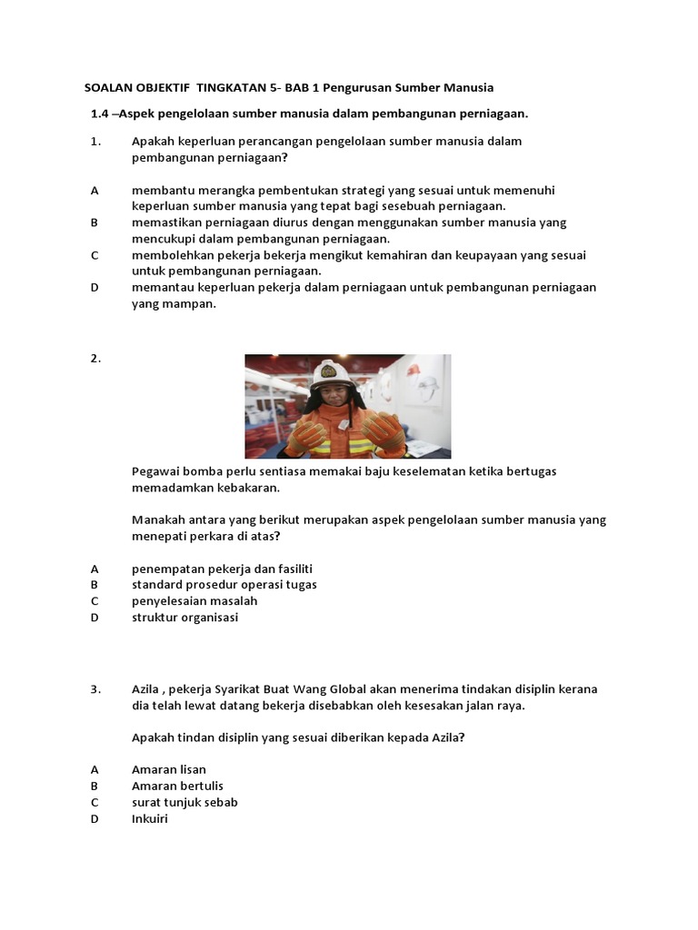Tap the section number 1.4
99,114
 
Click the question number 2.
95,358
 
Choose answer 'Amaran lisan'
169,769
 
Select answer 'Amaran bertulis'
177,786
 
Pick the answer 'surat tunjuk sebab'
184,802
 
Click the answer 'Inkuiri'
150,818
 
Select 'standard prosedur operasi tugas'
224,584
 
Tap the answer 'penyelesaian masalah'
194,600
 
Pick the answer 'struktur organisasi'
184,617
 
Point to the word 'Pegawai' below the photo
156,471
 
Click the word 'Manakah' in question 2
159,520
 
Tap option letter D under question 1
95,287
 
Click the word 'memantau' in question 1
162,287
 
